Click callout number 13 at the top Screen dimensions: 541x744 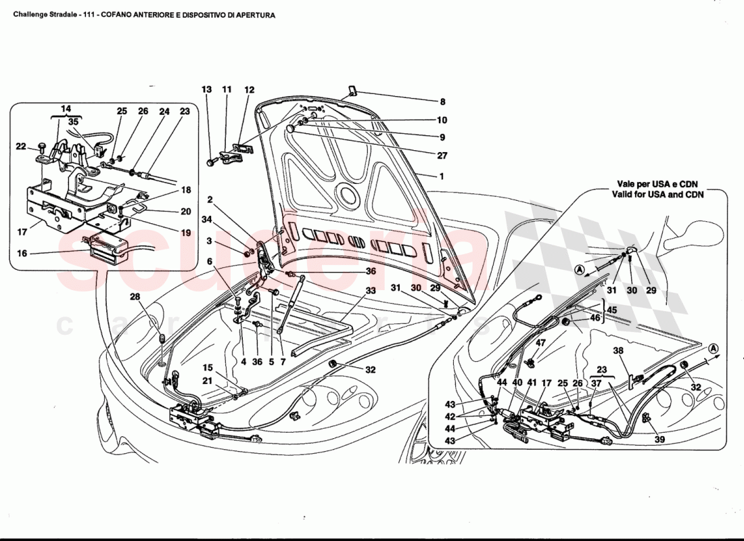pos(207,89)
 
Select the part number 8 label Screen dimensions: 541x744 pos(443,102)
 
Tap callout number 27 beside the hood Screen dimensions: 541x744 pos(443,155)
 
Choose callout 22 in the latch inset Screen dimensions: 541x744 pos(20,147)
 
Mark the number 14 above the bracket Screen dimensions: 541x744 pos(65,108)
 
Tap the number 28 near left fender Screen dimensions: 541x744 pos(135,297)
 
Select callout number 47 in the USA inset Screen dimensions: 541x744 pos(540,344)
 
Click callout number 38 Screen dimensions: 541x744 pos(618,351)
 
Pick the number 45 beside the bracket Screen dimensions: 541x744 pos(612,311)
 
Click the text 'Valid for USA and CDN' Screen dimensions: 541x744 pos(660,195)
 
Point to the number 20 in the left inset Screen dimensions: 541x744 pos(186,211)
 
